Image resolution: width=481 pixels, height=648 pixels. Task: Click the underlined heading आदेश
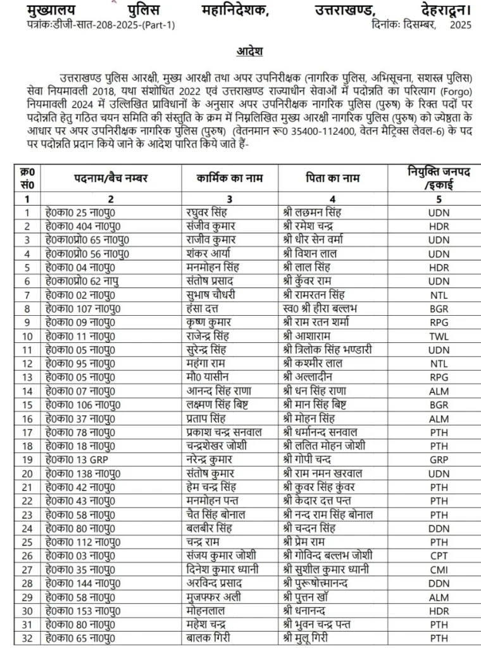tap(240, 50)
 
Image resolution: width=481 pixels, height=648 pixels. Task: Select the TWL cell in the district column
tap(439, 335)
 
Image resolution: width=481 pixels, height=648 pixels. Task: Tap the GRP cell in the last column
tap(439, 459)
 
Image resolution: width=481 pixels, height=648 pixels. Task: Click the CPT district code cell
tap(439, 555)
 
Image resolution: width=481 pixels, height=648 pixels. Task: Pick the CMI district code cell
tap(439, 569)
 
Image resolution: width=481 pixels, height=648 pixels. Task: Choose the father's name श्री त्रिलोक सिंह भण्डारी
tap(335, 349)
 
